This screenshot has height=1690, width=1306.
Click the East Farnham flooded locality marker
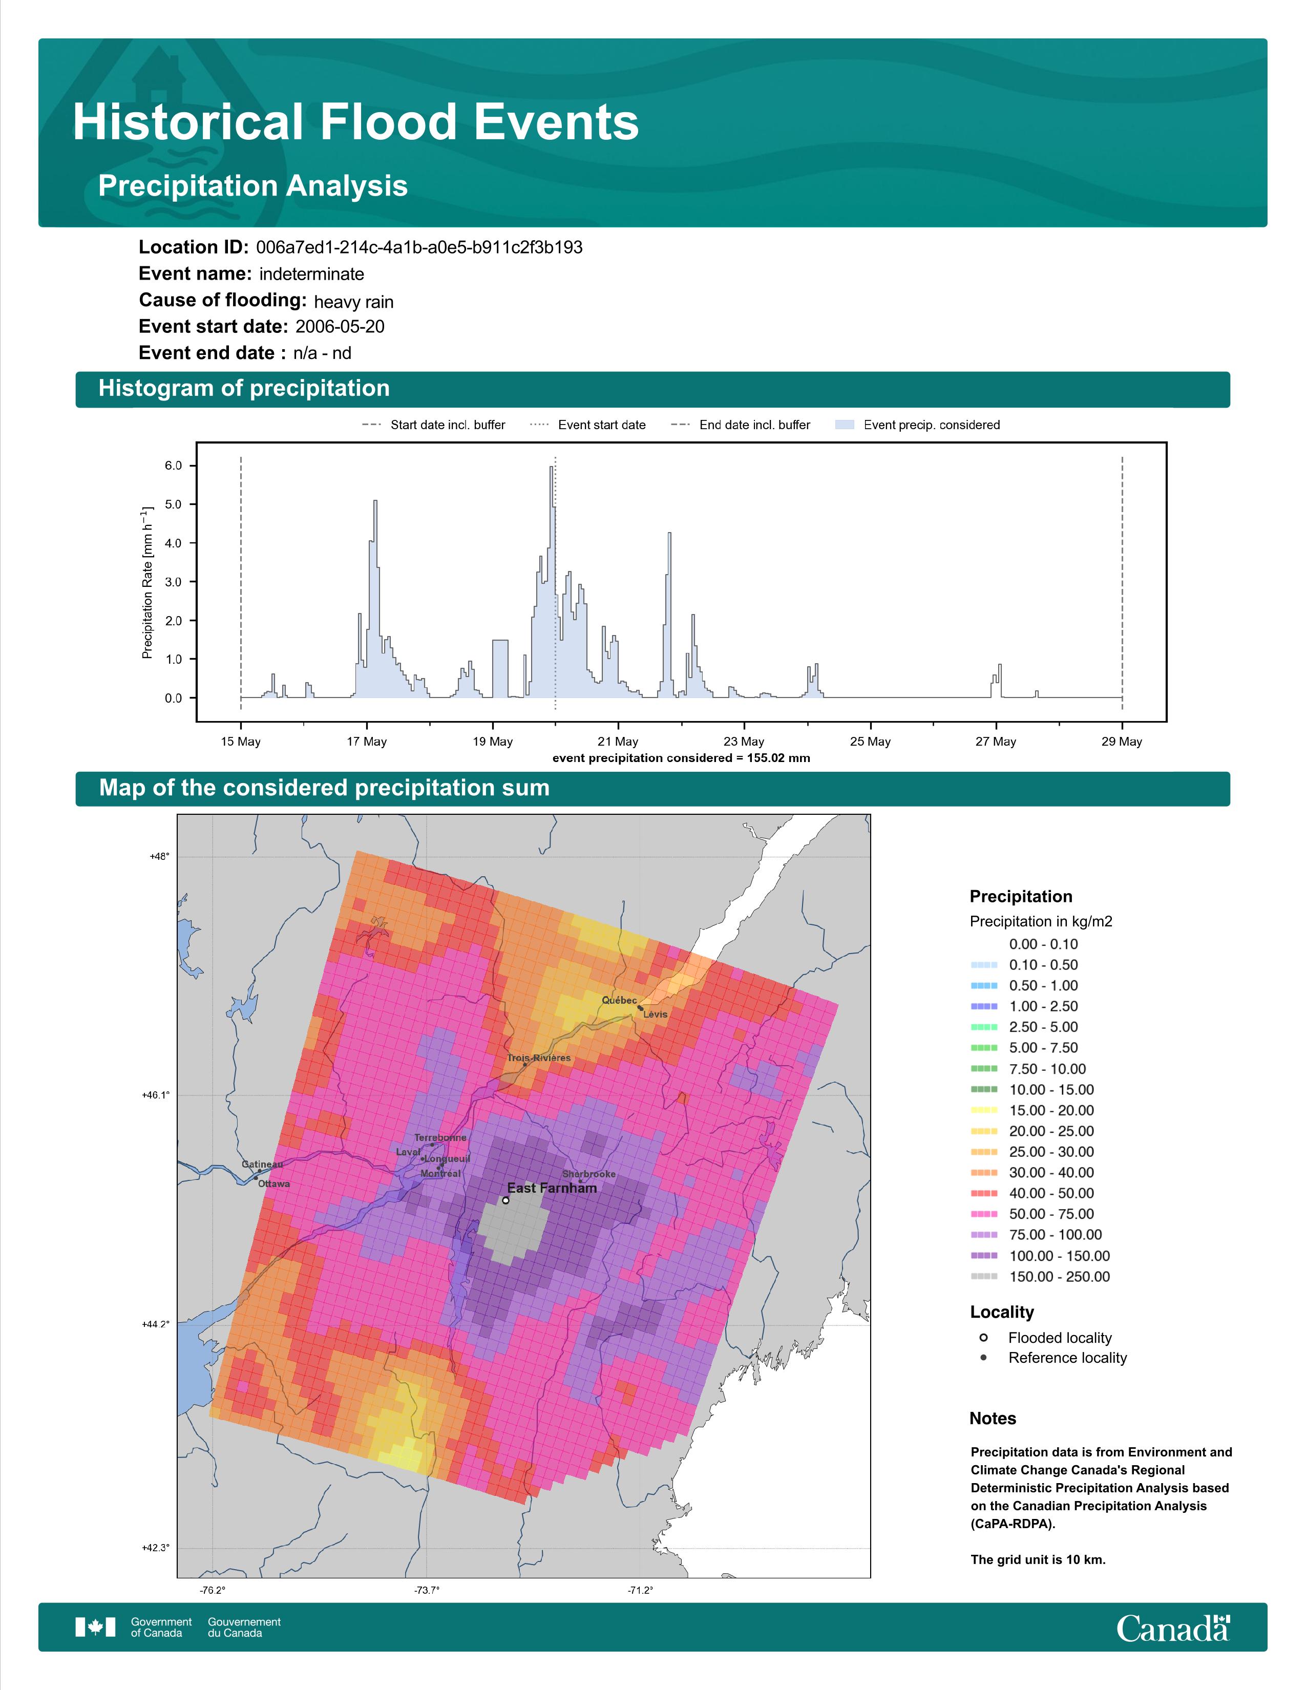point(505,1200)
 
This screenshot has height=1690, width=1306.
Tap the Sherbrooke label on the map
point(589,1174)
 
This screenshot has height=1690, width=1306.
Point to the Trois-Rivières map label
point(539,1058)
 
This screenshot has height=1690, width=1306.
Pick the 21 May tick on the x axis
point(618,724)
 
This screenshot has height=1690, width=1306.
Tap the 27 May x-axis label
point(996,742)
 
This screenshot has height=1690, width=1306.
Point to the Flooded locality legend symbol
point(983,1338)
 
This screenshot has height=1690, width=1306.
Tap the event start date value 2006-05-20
point(340,327)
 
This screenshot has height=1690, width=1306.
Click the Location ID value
point(419,248)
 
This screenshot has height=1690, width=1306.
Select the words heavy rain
point(353,302)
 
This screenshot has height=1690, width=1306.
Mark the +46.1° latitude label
point(156,1095)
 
